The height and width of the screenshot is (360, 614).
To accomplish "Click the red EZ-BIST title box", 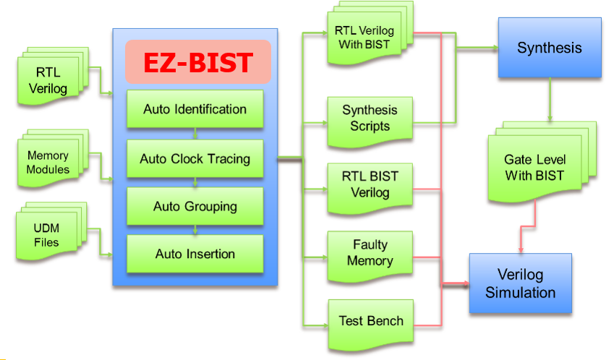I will pyautogui.click(x=197, y=61).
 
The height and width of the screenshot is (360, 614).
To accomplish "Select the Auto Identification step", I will pyautogui.click(x=195, y=110).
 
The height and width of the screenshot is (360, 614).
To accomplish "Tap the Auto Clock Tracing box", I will pyautogui.click(x=195, y=159).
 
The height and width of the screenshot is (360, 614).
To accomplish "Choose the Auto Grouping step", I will pyautogui.click(x=195, y=207).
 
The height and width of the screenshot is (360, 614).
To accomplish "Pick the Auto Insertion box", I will pyautogui.click(x=195, y=254).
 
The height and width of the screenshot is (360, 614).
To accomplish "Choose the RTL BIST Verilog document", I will pyautogui.click(x=370, y=185).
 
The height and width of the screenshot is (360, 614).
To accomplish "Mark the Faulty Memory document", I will pyautogui.click(x=370, y=254).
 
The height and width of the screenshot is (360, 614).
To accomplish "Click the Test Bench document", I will pyautogui.click(x=371, y=320).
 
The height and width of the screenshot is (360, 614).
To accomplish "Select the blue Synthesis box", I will pyautogui.click(x=549, y=48).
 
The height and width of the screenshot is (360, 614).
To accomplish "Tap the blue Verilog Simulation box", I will pyautogui.click(x=520, y=283).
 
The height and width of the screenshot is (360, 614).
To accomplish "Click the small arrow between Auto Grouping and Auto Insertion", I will pyautogui.click(x=195, y=230).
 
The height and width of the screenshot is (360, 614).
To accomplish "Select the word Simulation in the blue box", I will pyautogui.click(x=521, y=293).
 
